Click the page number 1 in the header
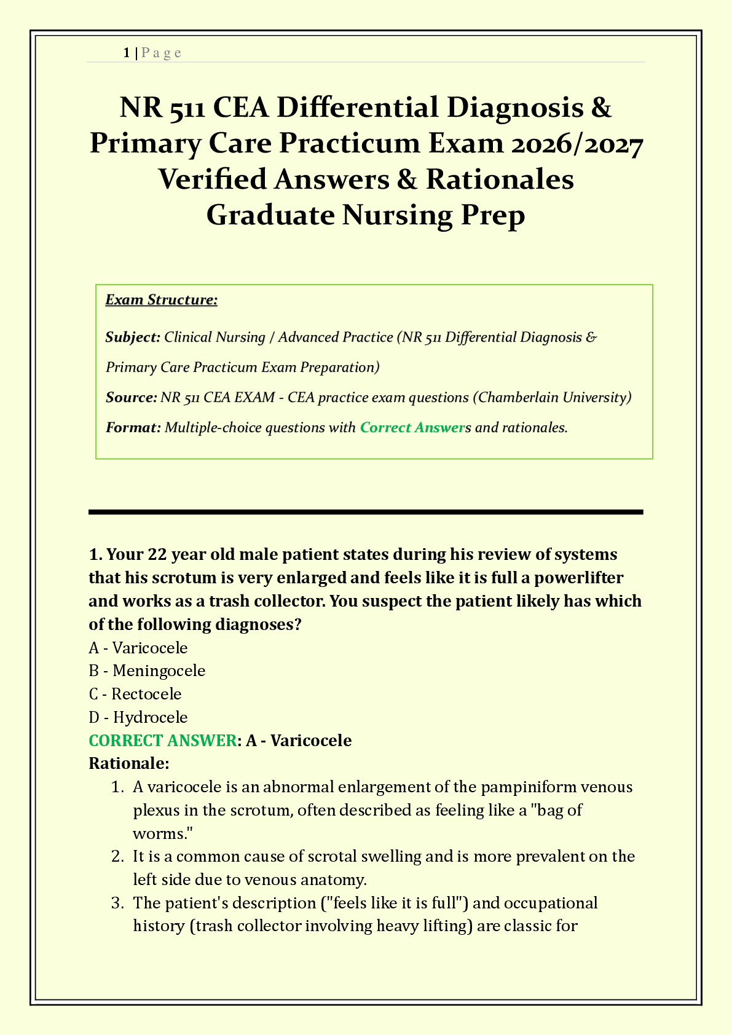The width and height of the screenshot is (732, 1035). [126, 53]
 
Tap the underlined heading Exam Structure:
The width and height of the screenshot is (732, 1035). [161, 300]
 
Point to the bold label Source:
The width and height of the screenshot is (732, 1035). [131, 397]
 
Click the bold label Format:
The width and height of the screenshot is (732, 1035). [133, 427]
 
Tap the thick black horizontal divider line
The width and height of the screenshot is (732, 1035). [366, 511]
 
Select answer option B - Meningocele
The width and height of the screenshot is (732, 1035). [147, 671]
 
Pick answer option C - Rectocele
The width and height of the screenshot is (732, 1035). [135, 694]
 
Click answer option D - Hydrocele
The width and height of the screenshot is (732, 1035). [138, 717]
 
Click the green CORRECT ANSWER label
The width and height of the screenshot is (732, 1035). [162, 741]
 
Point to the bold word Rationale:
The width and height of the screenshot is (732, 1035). [128, 764]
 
